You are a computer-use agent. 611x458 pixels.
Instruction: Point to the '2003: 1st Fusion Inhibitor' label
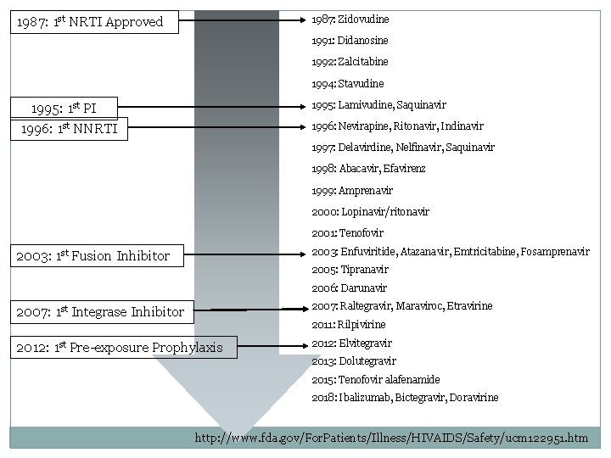92,255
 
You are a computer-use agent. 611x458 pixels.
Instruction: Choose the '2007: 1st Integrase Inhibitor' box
99,311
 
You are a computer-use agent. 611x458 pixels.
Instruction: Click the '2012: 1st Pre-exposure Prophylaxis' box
120,347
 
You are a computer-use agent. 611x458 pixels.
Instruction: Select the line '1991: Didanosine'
350,41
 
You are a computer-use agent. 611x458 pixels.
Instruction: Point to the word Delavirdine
364,148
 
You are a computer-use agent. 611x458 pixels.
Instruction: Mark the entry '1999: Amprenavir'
349,190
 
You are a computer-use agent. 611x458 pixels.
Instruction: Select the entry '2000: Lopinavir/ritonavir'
370,211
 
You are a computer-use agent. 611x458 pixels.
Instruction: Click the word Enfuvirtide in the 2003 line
368,252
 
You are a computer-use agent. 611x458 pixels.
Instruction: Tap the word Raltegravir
367,306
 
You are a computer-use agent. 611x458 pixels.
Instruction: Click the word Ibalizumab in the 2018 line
366,398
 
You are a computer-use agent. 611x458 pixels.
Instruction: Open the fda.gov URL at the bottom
390,438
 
